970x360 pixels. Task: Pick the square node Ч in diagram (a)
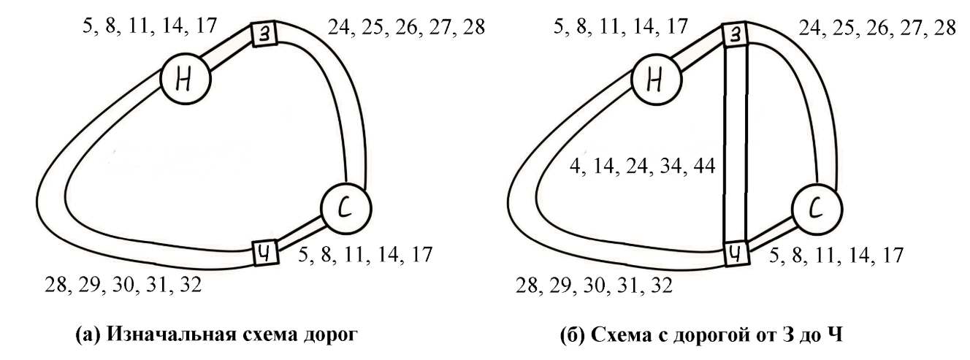point(263,253)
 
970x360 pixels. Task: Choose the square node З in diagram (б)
point(736,34)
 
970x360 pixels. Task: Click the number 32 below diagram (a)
point(190,284)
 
